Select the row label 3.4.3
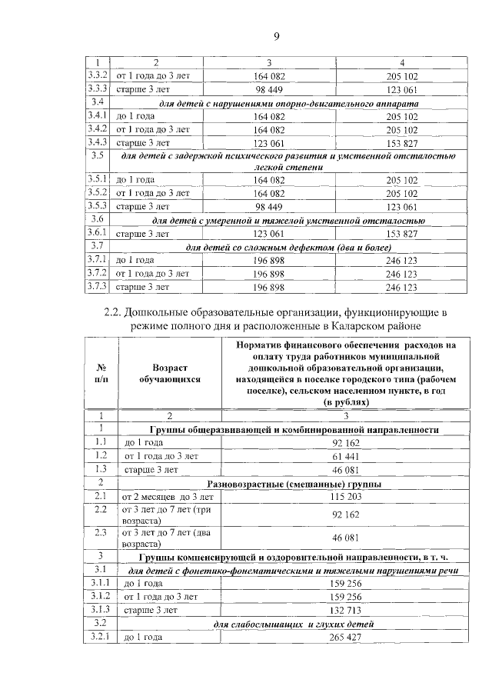tap(97, 142)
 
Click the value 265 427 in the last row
tap(346, 637)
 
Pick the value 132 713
tap(346, 609)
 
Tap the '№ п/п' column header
tap(101, 374)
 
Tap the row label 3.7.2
tap(97, 273)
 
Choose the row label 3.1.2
tap(101, 595)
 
